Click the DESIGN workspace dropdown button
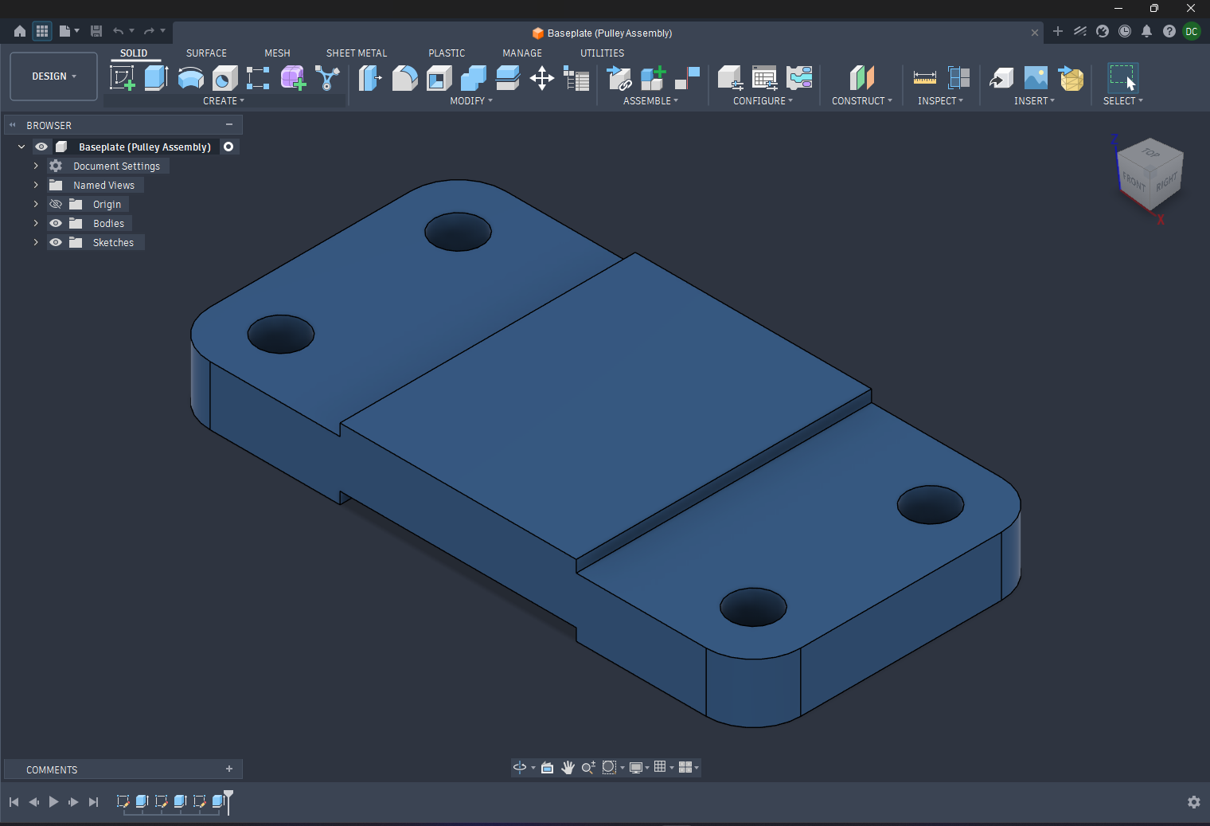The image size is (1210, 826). pos(53,76)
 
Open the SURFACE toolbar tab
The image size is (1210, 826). pos(206,53)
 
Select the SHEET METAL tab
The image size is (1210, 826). pos(357,53)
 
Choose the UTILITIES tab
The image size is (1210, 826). pos(602,53)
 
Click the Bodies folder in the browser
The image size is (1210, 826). pos(108,223)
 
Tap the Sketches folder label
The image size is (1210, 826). pos(113,243)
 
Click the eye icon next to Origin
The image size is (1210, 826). pos(56,205)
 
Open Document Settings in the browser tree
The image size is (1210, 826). pos(116,166)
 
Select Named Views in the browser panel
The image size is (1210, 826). pos(103,186)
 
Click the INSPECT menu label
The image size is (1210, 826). pos(937,101)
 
